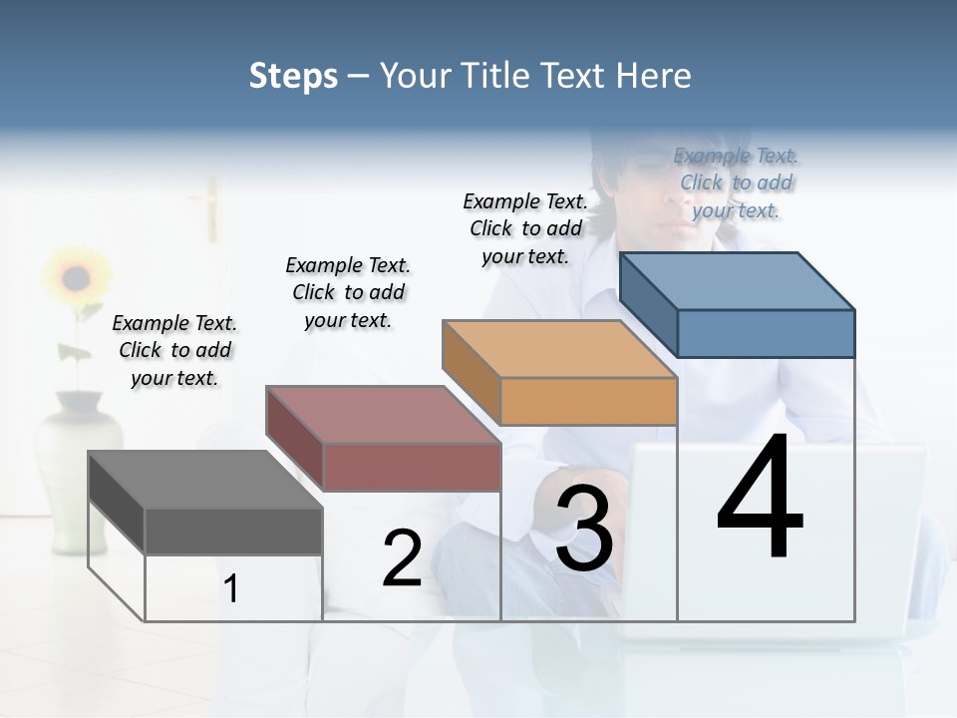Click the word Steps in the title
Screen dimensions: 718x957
[293, 76]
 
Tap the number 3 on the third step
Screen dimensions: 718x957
[584, 528]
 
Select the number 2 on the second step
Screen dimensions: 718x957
[402, 558]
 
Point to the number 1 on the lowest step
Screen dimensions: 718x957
[230, 589]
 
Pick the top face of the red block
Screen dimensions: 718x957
[383, 414]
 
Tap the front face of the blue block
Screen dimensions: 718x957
[766, 333]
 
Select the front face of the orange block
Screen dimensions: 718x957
[588, 402]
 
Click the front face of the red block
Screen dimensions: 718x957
[411, 467]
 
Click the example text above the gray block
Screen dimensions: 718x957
[174, 350]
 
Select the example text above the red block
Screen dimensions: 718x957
[348, 292]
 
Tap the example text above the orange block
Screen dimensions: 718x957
[525, 228]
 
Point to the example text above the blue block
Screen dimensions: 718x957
[736, 182]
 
